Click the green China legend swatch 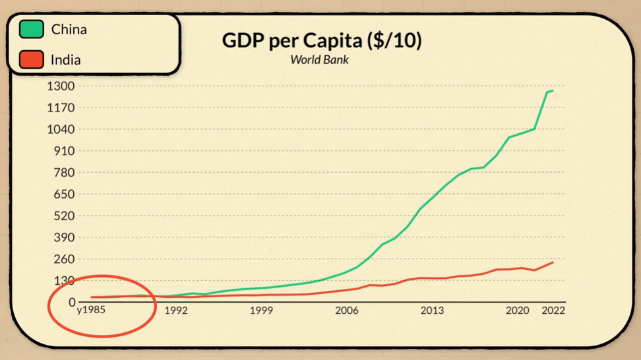pos(32,30)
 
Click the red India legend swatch pos(32,60)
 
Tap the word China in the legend pos(69,30)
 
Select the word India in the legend pos(66,60)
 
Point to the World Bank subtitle pos(319,59)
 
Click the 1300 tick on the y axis pos(61,86)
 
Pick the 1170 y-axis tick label pos(61,107)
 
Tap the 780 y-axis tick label pos(65,173)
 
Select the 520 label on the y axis pos(65,216)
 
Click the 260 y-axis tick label pos(65,259)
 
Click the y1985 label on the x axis pos(92,310)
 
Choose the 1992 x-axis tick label pos(176,310)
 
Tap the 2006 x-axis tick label pos(347,310)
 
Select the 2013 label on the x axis pos(432,310)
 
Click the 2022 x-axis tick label pos(553,310)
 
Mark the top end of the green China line pos(552,91)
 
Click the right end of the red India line pos(553,262)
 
